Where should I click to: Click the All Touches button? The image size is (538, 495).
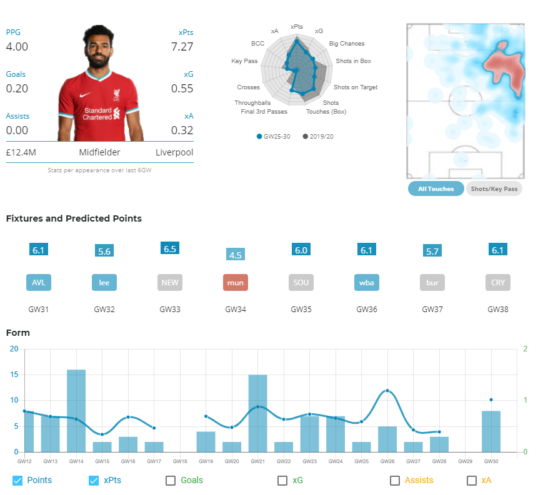coord(436,189)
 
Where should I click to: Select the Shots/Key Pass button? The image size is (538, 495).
coord(494,189)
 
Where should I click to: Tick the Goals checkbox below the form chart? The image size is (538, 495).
coord(171,481)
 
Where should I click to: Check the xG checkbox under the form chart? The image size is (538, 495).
coord(282,481)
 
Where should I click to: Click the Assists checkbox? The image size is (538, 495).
coord(394,481)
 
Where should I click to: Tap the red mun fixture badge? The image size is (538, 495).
coord(236,282)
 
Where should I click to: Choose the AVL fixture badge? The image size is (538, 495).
coord(39,282)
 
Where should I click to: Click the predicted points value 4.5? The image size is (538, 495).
coord(236,255)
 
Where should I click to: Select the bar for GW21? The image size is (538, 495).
coord(257,413)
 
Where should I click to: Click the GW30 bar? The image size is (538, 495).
coord(491,431)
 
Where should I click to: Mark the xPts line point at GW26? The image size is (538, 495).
coord(387,391)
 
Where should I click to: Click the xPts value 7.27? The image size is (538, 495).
coord(182,47)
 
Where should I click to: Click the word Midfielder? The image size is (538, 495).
coord(99,152)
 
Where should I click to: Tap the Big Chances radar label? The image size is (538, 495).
coord(347,44)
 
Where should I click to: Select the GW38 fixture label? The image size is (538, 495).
coord(497,309)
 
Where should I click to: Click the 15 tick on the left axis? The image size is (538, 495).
coord(14,375)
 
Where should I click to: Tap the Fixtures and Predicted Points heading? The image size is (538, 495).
coord(74,218)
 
